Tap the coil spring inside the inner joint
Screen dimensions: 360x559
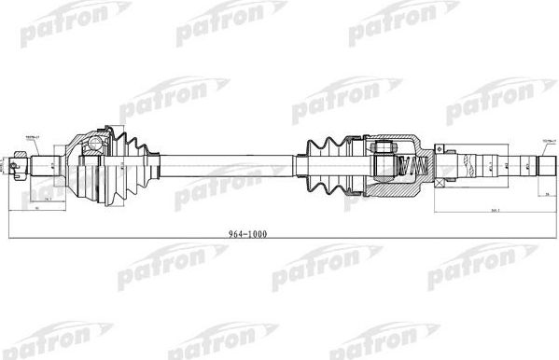click(x=405, y=168)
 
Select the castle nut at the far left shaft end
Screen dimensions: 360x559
click(x=18, y=167)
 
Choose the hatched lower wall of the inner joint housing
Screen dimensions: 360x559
click(x=392, y=189)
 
